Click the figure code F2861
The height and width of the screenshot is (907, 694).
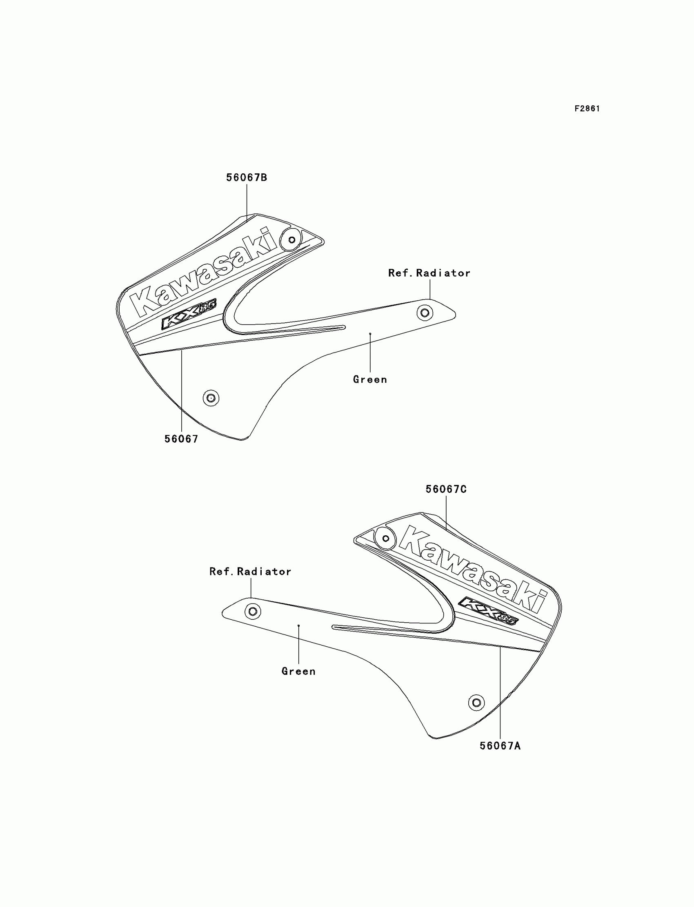[587, 109]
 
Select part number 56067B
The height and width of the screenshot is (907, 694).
[247, 177]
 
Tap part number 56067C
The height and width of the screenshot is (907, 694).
[446, 489]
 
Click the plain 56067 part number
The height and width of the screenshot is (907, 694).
[181, 439]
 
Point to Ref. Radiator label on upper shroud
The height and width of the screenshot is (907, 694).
[429, 273]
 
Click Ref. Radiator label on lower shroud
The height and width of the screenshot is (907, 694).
[250, 572]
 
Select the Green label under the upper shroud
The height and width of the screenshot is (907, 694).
[370, 380]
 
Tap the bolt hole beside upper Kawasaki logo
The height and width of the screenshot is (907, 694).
[291, 240]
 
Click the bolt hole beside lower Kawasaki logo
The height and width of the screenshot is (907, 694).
[385, 538]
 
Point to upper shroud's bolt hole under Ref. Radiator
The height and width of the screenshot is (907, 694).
[425, 313]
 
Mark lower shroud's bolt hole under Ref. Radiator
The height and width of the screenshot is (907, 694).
[252, 611]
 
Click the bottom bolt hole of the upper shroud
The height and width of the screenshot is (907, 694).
[211, 398]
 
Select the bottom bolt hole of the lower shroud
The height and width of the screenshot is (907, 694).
[476, 702]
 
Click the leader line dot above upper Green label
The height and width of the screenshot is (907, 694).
[370, 334]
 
